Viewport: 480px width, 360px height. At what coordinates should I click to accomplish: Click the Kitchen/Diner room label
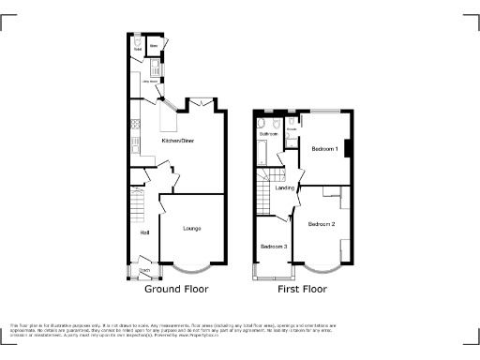pos(177,141)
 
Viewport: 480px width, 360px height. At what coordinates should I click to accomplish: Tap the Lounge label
pos(191,228)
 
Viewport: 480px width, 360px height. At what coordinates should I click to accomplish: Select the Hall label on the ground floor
pos(144,232)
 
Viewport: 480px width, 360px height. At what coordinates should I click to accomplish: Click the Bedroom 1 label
pos(324,150)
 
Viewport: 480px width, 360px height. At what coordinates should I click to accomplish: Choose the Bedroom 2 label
pos(321,224)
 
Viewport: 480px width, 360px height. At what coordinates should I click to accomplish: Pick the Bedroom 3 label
pos(274,247)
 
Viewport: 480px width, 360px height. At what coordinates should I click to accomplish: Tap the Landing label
pos(284,188)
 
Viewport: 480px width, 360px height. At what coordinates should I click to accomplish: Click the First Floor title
pos(302,290)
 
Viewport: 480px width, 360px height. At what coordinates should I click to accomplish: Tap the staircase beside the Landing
pos(263,187)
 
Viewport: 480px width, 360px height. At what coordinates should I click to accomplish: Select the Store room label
pos(153,43)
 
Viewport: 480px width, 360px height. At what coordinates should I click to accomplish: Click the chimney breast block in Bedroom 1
pos(349,148)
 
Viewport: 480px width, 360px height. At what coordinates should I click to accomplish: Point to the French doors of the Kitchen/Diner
pos(206,102)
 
